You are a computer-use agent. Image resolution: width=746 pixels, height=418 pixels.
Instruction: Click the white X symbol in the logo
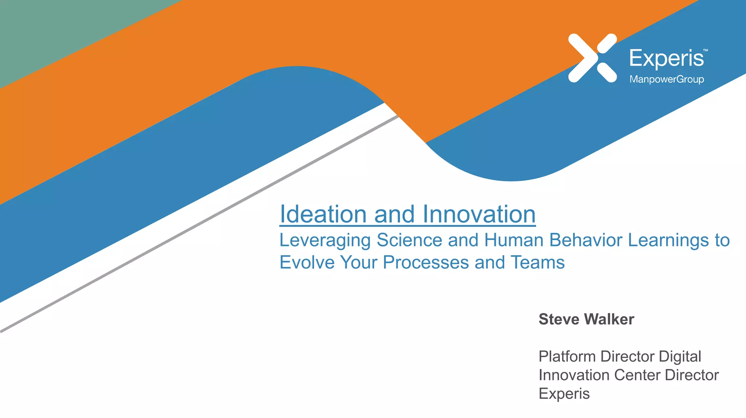click(592, 58)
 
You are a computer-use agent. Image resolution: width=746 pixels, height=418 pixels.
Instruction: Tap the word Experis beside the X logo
click(667, 58)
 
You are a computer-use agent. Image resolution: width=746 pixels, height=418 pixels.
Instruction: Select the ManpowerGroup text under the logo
click(667, 79)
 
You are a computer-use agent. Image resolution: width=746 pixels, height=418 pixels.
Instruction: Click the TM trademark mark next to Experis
click(706, 50)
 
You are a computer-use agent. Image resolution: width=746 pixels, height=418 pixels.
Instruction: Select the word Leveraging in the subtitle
click(325, 241)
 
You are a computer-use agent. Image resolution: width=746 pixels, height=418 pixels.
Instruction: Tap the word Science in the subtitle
click(409, 240)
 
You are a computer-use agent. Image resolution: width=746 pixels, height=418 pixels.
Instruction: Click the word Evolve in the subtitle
click(307, 263)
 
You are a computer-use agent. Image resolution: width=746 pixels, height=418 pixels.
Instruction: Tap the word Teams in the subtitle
click(537, 263)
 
